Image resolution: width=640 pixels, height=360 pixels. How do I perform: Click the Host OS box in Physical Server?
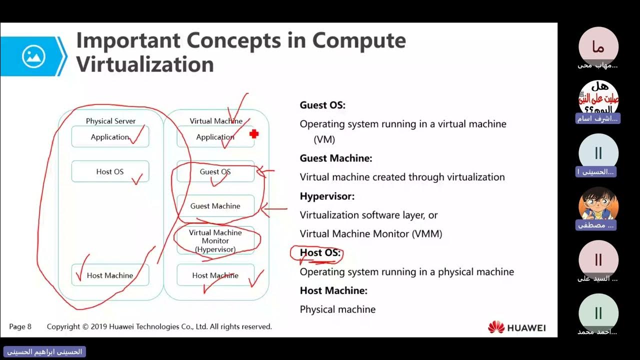pos(110,171)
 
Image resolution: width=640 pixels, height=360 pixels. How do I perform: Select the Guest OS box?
pos(215,171)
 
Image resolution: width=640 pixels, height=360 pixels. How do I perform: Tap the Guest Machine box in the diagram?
pos(215,206)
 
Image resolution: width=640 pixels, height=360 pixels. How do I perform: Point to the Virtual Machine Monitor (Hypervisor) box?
pos(215,241)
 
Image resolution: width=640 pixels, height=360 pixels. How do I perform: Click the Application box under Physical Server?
pos(110,137)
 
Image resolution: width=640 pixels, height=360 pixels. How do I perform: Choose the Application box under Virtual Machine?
pos(215,137)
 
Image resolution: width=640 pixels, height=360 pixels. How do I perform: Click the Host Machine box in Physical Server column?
pos(110,275)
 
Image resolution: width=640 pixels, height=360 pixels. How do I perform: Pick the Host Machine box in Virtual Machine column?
pos(215,275)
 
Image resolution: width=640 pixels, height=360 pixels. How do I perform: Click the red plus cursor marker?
pos(254,133)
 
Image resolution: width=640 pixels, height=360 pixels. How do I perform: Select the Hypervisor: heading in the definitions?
pos(327,196)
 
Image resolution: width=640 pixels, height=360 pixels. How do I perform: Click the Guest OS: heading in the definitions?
pos(322,105)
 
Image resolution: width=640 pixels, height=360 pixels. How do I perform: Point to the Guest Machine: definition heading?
pos(336,158)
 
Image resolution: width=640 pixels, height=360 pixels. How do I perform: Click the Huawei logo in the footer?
pos(516,327)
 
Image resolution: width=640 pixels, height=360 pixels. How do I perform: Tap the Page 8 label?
pos(20,326)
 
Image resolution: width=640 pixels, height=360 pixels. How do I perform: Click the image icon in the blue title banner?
pos(33,56)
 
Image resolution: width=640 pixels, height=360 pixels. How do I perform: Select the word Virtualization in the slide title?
pos(145,64)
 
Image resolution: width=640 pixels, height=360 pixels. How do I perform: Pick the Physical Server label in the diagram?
pos(110,121)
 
